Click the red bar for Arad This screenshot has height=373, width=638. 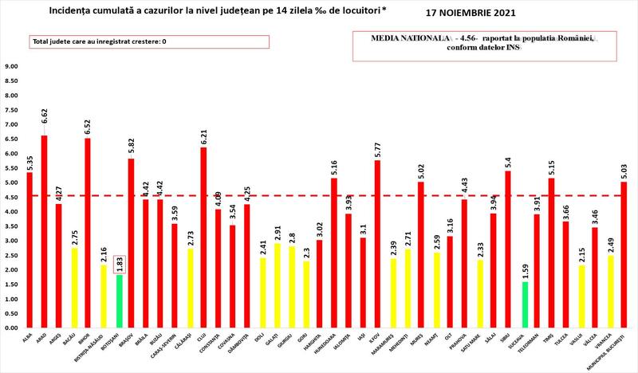tap(44, 231)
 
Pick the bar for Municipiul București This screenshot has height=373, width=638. tap(624, 255)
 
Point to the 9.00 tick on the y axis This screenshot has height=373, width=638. tap(12, 67)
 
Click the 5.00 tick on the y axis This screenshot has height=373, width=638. tap(12, 183)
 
